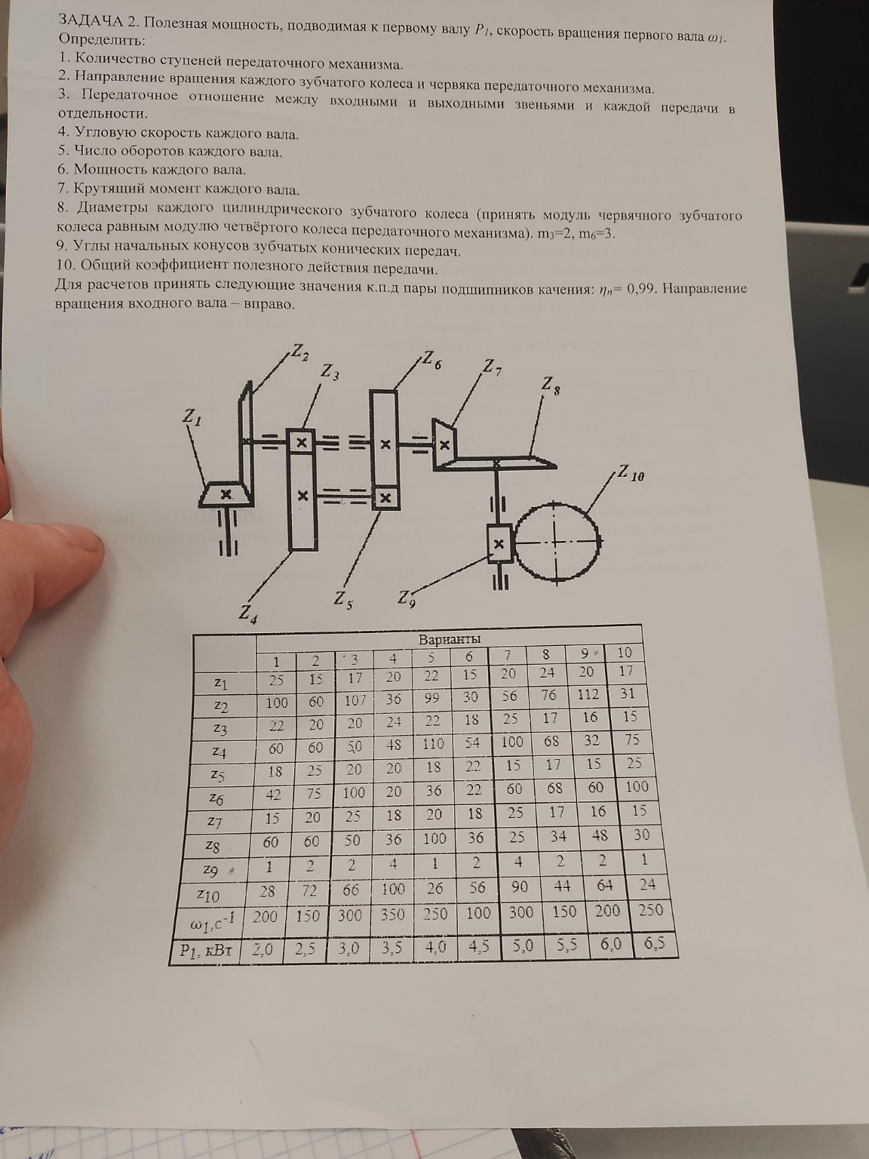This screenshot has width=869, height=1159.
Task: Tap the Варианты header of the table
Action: click(450, 639)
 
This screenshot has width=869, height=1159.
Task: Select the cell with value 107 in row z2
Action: click(355, 699)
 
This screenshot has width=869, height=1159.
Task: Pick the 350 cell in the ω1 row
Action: click(392, 914)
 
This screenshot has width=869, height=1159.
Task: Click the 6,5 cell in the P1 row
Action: click(654, 943)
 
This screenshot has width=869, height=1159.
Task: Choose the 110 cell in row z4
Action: click(433, 743)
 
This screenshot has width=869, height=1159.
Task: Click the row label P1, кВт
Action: click(202, 951)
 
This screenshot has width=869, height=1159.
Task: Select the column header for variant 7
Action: click(508, 654)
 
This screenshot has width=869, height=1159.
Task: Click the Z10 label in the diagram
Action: click(631, 475)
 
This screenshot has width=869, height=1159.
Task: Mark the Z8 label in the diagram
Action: click(550, 386)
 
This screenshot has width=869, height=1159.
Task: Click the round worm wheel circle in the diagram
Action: click(557, 540)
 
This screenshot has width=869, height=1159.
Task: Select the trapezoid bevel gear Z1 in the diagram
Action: click(226, 494)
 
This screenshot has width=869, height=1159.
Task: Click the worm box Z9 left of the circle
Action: click(499, 543)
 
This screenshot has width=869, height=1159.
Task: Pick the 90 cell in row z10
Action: click(519, 887)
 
